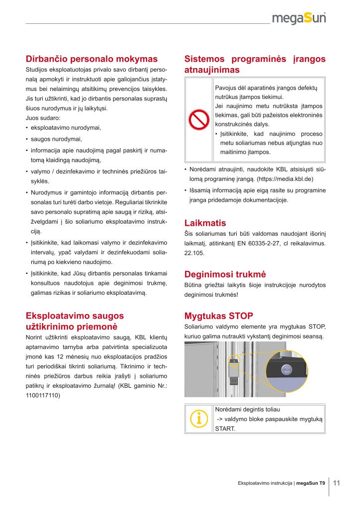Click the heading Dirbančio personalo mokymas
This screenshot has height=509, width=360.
click(91, 59)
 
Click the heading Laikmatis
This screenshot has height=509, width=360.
click(205, 223)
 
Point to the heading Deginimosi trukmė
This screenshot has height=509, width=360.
click(225, 274)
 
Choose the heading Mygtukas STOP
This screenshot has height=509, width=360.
click(219, 316)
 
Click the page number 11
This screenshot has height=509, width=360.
click(336, 483)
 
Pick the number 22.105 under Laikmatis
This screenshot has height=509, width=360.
click(194, 253)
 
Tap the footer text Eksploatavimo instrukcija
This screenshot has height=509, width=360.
click(265, 483)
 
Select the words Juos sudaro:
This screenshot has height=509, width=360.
click(42, 118)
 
